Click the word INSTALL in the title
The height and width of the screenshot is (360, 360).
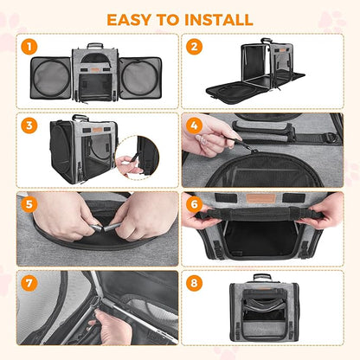219,19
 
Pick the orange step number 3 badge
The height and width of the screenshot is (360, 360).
29,125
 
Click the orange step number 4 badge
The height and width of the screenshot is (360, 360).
195,125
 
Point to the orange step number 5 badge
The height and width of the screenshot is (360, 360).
29,206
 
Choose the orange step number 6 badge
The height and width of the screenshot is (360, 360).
195,206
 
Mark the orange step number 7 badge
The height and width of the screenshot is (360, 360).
29,284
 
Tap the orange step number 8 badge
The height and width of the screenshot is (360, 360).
195,284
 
